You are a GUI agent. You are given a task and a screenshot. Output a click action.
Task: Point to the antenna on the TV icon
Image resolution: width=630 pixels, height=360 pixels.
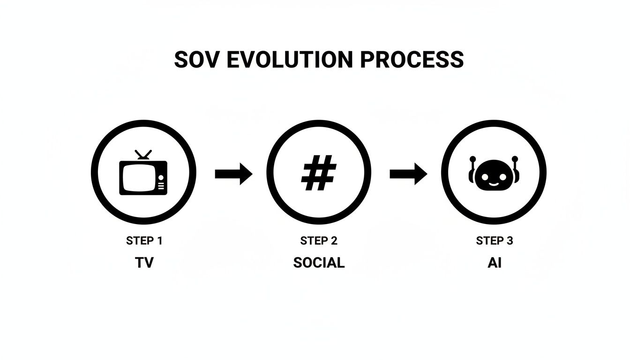coord(143,155)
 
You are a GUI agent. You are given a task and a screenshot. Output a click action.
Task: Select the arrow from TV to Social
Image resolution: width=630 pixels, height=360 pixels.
coord(233,174)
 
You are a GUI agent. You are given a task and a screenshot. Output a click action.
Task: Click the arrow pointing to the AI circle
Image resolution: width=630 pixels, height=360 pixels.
coord(408,174)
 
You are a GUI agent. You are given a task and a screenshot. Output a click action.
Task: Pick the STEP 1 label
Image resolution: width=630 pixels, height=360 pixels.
coord(144,241)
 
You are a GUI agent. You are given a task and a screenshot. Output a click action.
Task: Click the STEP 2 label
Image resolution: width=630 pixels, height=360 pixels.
coord(319,241)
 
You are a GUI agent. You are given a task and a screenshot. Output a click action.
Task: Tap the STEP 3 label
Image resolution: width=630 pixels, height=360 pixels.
coord(494,241)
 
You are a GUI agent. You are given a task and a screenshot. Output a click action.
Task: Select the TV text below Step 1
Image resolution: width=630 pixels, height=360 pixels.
coord(144,263)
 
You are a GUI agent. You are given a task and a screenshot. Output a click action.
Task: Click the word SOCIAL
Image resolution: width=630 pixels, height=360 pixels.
coord(319,263)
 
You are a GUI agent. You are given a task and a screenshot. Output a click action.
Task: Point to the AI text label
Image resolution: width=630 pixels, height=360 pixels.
coord(494,263)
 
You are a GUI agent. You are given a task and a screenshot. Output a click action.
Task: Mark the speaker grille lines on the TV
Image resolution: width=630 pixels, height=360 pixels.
coord(162,187)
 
